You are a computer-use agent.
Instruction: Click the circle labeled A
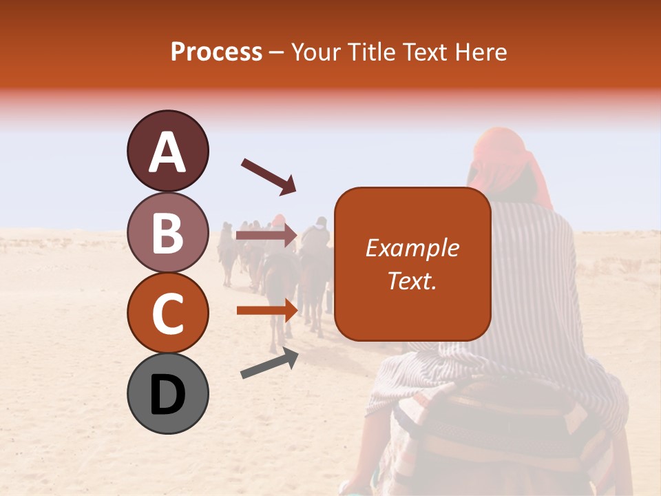click(167, 151)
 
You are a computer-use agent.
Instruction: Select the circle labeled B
click(167, 232)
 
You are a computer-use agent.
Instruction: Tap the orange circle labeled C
click(167, 313)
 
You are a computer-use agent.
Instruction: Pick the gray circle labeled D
click(167, 393)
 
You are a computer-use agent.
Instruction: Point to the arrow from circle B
click(266, 236)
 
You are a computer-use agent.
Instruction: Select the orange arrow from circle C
click(266, 310)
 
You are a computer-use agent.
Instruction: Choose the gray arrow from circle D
click(269, 363)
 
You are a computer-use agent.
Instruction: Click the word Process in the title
click(216, 52)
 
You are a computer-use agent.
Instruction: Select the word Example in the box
click(412, 248)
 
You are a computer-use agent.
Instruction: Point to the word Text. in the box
click(412, 281)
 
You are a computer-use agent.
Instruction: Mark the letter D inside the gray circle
click(167, 395)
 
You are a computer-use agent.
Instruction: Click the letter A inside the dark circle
click(167, 152)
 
